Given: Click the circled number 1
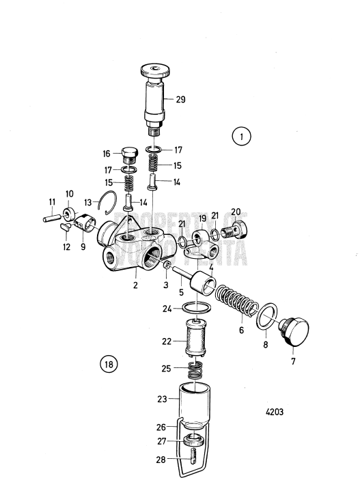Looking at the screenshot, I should (x=240, y=137).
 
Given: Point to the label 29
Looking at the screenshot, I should (x=180, y=100).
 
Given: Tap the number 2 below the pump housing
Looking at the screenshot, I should (x=135, y=285).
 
